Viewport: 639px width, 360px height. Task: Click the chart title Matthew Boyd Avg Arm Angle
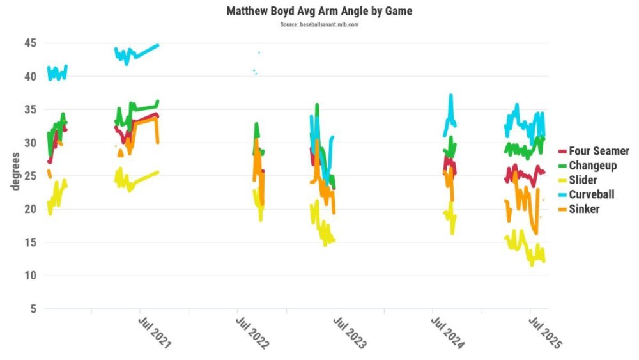(x=319, y=11)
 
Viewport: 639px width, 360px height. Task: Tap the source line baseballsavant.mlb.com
(x=319, y=24)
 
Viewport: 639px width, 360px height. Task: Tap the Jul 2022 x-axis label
(x=252, y=332)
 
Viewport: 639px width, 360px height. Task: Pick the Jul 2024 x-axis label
(x=447, y=332)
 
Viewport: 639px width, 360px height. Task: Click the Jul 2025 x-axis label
(x=544, y=332)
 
